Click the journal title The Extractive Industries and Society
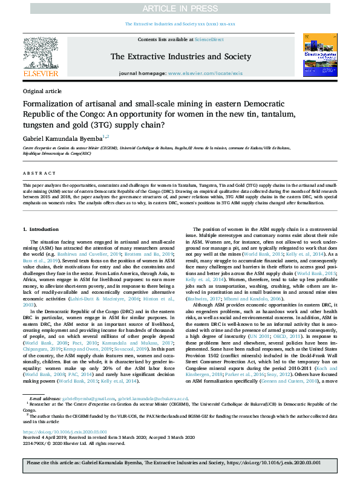180,56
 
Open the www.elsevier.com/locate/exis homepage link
205,73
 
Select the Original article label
42,91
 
